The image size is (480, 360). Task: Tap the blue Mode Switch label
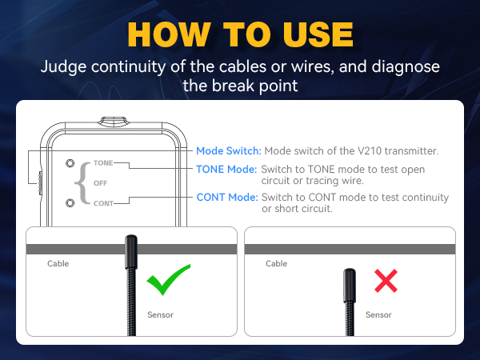click(228, 150)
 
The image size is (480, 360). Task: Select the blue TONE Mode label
click(227, 170)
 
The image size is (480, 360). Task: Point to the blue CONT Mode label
click(227, 198)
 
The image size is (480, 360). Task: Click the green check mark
click(168, 279)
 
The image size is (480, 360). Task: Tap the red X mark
click(386, 280)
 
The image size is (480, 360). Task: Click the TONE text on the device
click(103, 162)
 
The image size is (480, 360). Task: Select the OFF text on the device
click(100, 182)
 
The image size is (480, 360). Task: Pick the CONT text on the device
click(103, 203)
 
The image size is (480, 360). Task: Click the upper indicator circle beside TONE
click(70, 163)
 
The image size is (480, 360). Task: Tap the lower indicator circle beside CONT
click(70, 202)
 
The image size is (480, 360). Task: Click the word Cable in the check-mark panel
click(58, 263)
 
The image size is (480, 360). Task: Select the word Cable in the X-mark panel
click(276, 263)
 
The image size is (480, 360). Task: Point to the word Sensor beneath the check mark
click(160, 314)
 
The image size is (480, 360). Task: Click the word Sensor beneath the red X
click(378, 314)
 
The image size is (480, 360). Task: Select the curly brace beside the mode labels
click(80, 182)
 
